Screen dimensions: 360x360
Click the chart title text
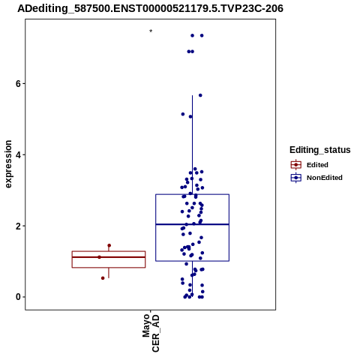pyautogui.click(x=150, y=8)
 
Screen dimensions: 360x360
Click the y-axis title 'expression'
pyautogui.click(x=8, y=164)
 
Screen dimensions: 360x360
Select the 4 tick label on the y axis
pyautogui.click(x=18, y=154)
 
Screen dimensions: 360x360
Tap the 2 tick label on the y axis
pyautogui.click(x=18, y=226)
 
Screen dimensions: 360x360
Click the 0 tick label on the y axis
pyautogui.click(x=18, y=297)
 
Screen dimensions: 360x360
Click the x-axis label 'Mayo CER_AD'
pyautogui.click(x=151, y=333)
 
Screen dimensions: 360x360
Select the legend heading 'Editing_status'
pyautogui.click(x=320, y=150)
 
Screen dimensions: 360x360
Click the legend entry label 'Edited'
pyautogui.click(x=317, y=165)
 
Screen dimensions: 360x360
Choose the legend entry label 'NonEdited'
pyautogui.click(x=325, y=178)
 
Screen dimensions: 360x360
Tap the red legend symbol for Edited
pyautogui.click(x=296, y=165)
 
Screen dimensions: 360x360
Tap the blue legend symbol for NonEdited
pyautogui.click(x=296, y=178)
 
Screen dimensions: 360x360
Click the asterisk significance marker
pyautogui.click(x=151, y=31)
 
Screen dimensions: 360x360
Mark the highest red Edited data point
pyautogui.click(x=109, y=245)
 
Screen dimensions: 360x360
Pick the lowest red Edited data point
pyautogui.click(x=103, y=278)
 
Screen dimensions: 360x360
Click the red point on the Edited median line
pyautogui.click(x=99, y=257)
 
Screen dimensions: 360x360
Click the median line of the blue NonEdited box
pyautogui.click(x=192, y=224)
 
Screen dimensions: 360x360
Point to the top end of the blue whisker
pyautogui.click(x=192, y=95)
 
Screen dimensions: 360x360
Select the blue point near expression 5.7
pyautogui.click(x=200, y=95)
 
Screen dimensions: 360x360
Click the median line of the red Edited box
pyautogui.click(x=109, y=257)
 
